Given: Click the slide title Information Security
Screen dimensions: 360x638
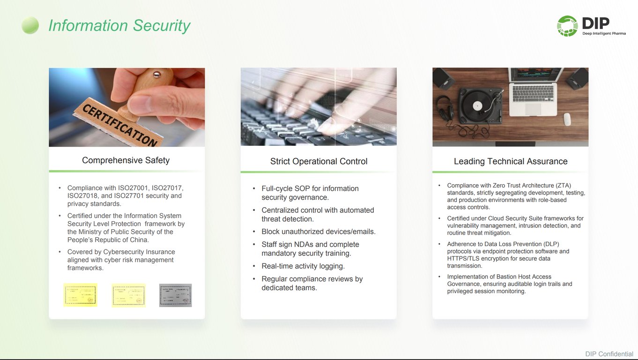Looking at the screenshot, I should point(119,25).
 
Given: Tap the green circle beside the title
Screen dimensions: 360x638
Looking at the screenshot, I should point(30,25).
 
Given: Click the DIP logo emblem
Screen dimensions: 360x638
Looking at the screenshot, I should point(567,26).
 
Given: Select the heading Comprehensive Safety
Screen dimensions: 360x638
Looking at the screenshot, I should point(126,160).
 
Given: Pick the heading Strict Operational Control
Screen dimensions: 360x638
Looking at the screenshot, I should point(319,161).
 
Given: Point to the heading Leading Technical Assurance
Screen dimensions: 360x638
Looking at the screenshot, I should point(511,161).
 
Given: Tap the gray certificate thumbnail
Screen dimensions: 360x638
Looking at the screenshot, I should point(175,295).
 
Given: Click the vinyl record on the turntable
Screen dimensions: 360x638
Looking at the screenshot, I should point(477,106).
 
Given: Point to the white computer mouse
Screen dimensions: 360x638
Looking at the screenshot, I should point(567,119).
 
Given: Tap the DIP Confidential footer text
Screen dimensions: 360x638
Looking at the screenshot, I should point(609,354).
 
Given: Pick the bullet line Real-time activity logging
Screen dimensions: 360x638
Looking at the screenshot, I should point(303,266).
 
